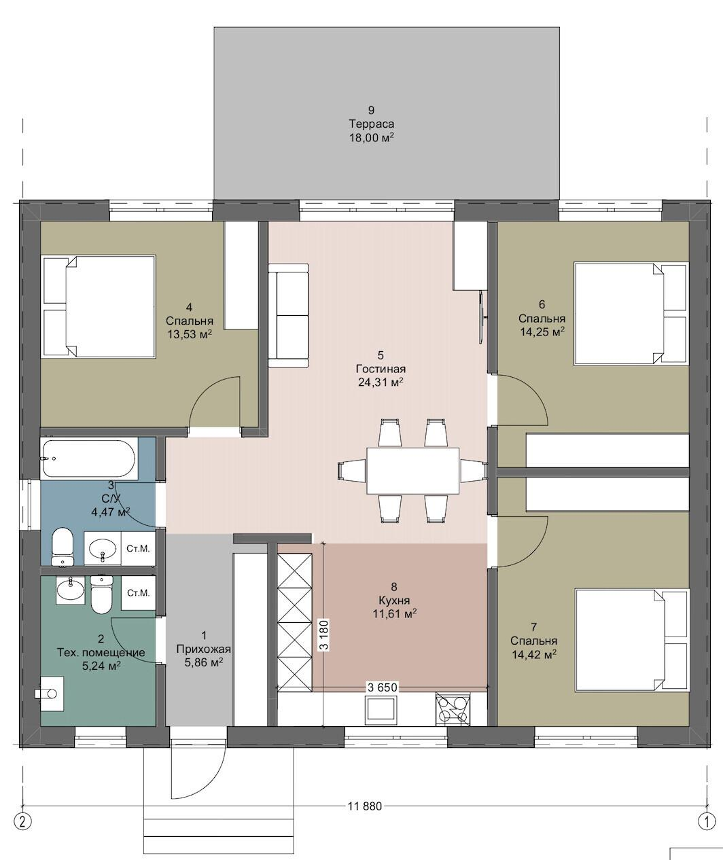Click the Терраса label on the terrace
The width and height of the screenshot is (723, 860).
point(372,124)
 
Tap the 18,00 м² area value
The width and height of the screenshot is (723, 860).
point(372,138)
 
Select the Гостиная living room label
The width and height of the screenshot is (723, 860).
point(381,369)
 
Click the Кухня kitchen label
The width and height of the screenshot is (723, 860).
point(395,601)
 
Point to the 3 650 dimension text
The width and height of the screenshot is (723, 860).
point(383,687)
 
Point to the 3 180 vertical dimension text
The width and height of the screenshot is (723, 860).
point(325,634)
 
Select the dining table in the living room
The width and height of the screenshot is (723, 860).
point(412,471)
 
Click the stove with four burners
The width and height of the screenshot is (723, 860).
point(453,709)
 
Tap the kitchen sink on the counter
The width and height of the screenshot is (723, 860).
point(381,710)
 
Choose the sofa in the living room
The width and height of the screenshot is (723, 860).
point(288,315)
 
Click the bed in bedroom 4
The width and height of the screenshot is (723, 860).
point(99,306)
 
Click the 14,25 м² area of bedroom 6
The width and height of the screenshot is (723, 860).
point(542,332)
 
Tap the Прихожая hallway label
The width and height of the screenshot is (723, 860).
point(203,649)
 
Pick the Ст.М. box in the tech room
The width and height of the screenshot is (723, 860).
point(139,593)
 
